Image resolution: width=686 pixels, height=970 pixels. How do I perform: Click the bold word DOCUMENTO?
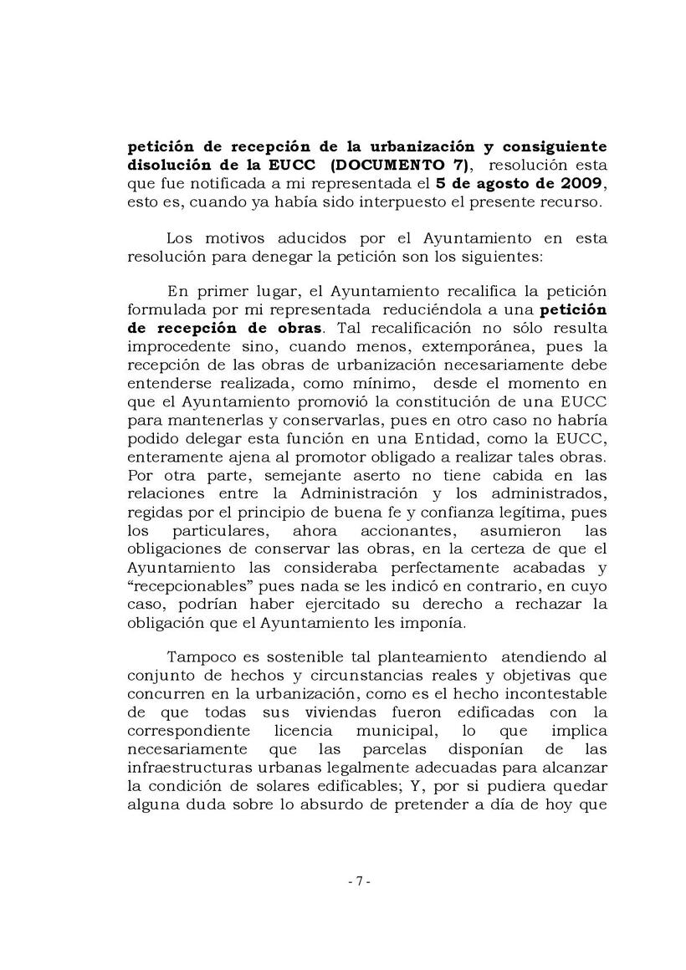pos(391,165)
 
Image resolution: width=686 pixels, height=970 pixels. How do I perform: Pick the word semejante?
pos(253,475)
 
